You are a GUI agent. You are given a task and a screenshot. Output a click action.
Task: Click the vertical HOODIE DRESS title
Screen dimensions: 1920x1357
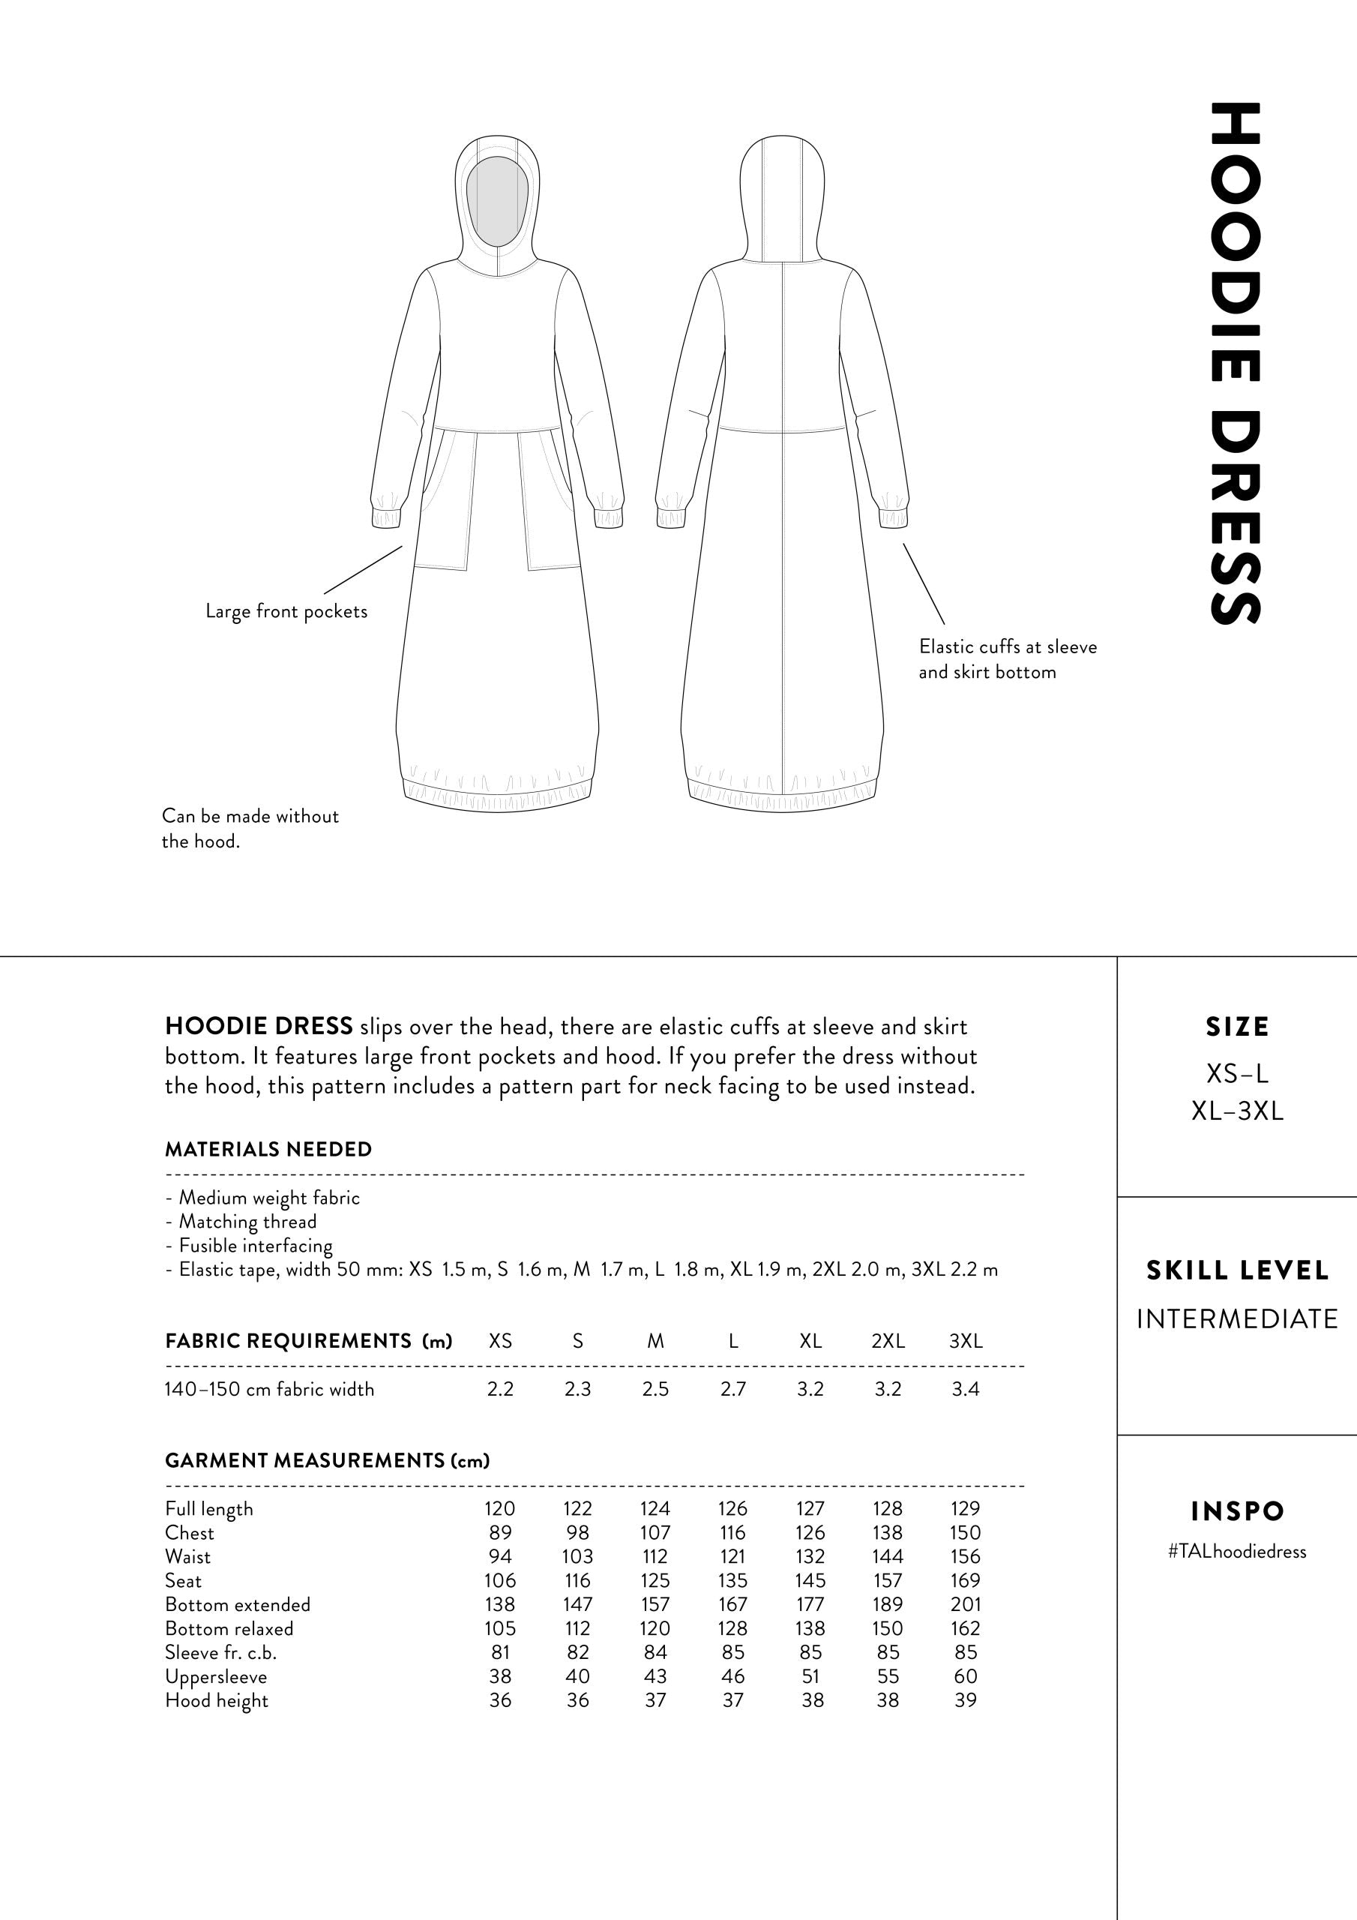[1234, 363]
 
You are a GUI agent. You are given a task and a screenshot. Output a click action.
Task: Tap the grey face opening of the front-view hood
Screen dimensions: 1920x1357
[498, 201]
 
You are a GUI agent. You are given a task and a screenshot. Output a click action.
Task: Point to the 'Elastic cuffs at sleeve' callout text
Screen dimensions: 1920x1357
[1008, 646]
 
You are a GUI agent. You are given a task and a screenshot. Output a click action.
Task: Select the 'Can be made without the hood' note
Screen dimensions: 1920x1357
[250, 828]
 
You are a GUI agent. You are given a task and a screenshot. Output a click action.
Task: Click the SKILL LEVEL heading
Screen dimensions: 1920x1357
[1236, 1271]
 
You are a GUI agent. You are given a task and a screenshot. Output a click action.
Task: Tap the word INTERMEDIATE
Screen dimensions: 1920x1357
[1236, 1318]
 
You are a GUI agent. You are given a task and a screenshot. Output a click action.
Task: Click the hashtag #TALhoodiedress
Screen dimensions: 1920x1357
[1236, 1551]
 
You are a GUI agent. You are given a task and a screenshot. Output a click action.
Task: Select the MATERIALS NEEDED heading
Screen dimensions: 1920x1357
[268, 1149]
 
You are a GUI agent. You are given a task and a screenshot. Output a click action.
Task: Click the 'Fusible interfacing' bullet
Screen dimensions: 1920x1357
[255, 1245]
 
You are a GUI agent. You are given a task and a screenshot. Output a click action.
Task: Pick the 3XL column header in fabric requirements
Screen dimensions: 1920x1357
[965, 1341]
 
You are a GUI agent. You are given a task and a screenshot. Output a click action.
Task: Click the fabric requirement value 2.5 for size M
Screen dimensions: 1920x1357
[655, 1389]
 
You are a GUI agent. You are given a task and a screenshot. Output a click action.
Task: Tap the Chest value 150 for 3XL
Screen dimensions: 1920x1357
[965, 1533]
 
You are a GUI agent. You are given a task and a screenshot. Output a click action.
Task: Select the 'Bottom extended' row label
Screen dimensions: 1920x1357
[238, 1605]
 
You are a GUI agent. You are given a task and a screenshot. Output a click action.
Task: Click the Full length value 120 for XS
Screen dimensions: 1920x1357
[500, 1508]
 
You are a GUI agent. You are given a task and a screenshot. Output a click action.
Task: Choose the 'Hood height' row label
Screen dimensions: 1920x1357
[217, 1701]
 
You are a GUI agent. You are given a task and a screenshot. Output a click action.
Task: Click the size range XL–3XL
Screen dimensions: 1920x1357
[1236, 1111]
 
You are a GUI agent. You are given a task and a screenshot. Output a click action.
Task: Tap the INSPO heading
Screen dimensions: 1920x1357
[1236, 1511]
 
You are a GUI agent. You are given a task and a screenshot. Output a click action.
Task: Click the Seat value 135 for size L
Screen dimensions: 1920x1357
[732, 1580]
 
